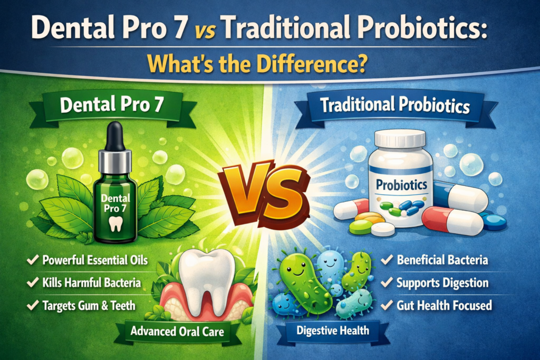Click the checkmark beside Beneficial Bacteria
[386, 260]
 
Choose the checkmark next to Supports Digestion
[386, 283]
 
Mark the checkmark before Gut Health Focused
[386, 305]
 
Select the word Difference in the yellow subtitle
[311, 65]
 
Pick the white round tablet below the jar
[383, 229]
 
